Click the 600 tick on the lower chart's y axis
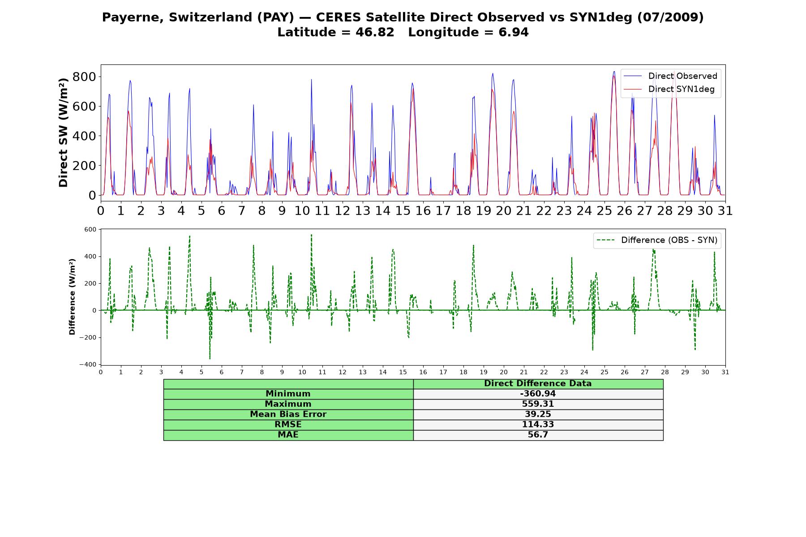point(90,230)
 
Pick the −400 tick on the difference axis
point(88,365)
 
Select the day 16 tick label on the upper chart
point(423,210)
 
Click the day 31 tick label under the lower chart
point(725,372)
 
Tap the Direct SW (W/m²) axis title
point(64,132)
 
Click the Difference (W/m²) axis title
point(72,297)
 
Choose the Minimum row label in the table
point(288,394)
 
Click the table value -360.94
point(538,394)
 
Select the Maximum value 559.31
point(538,404)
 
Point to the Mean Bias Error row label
point(288,414)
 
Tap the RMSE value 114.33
point(538,425)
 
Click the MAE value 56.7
point(538,435)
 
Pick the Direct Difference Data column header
point(538,384)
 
